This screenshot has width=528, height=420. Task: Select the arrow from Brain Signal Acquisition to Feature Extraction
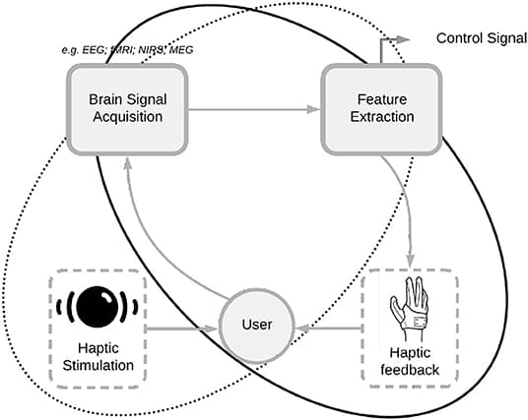[x=251, y=109]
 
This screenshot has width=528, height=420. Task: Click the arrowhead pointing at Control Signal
[x=405, y=37]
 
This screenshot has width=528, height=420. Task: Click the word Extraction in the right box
[x=370, y=118]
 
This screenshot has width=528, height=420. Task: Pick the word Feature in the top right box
[x=370, y=100]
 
